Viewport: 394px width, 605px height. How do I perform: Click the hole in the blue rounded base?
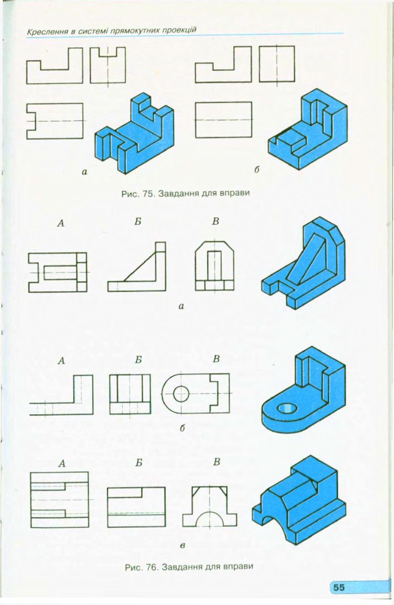287,408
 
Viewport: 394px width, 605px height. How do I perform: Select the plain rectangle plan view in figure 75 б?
223,120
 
